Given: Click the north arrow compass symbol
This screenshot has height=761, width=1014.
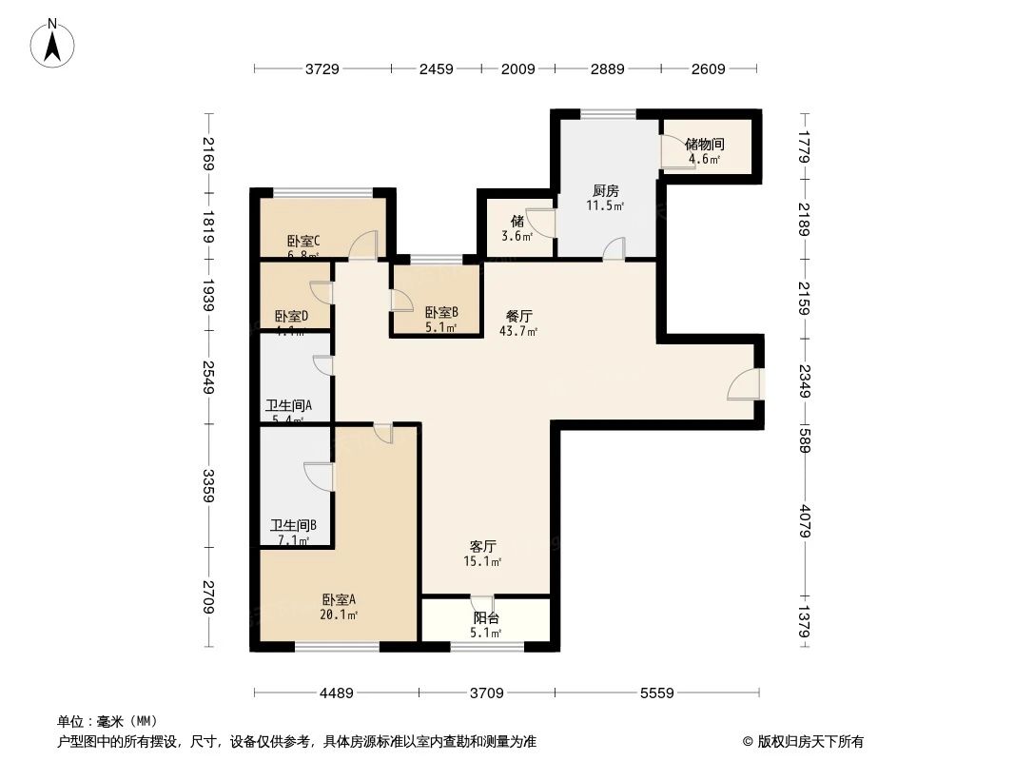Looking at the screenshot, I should pos(54,42).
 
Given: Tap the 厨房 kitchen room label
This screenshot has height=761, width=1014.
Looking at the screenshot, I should pos(605,190).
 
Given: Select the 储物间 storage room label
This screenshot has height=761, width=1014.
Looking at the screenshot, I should pos(705,145).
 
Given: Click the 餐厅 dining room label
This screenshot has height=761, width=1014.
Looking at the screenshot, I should pos(518,317).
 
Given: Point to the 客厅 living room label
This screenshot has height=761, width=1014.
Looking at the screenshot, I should pos(483,547).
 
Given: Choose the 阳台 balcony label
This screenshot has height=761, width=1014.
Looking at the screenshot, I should pos(486,618).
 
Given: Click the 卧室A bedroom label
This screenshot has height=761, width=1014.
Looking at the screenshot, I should pos(339,600).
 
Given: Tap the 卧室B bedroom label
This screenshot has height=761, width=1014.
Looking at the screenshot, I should pos(441,312).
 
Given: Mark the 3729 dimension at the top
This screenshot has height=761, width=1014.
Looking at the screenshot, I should pos(322,68).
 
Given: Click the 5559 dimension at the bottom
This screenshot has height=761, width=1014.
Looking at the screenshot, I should pos(655,693).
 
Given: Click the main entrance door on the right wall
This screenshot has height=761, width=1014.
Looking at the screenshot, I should pos(746,383).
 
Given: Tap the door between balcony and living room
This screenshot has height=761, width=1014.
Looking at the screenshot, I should pos(483,603).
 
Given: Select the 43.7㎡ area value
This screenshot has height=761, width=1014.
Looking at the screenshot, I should pos(518,331).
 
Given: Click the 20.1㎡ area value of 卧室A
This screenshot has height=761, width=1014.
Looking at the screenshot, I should pos(339,615).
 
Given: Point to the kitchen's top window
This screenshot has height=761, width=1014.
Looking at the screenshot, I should pos(609,115).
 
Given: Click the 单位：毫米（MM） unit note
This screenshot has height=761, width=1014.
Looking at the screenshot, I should pos(107,721).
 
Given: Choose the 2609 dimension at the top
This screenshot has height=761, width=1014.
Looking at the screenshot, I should pos(708,68).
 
